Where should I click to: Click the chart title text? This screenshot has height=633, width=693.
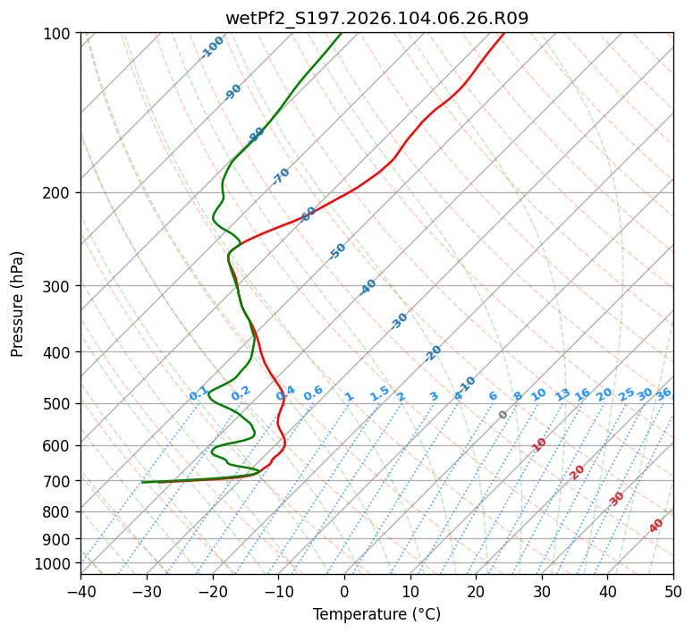tap(376, 19)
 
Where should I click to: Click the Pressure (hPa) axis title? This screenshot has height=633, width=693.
tap(18, 304)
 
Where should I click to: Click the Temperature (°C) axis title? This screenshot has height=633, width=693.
tap(376, 614)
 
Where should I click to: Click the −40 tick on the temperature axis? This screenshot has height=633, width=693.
tap(80, 591)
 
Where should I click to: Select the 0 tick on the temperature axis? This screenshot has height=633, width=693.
tap(344, 591)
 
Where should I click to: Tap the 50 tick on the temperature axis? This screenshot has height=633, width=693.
tap(673, 591)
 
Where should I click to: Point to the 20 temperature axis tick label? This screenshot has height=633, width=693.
tap(476, 591)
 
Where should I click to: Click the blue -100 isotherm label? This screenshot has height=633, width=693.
tap(213, 47)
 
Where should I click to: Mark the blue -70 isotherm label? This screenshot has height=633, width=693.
tap(281, 176)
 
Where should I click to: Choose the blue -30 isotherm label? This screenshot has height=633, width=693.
tap(399, 321)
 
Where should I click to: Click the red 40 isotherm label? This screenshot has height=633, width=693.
tap(656, 526)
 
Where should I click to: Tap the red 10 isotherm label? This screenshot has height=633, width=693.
tap(539, 444)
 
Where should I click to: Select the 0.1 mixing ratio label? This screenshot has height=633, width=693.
tap(199, 393)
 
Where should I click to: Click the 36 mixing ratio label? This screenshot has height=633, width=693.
tap(663, 393)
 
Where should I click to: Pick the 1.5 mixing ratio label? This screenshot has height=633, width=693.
tap(379, 393)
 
